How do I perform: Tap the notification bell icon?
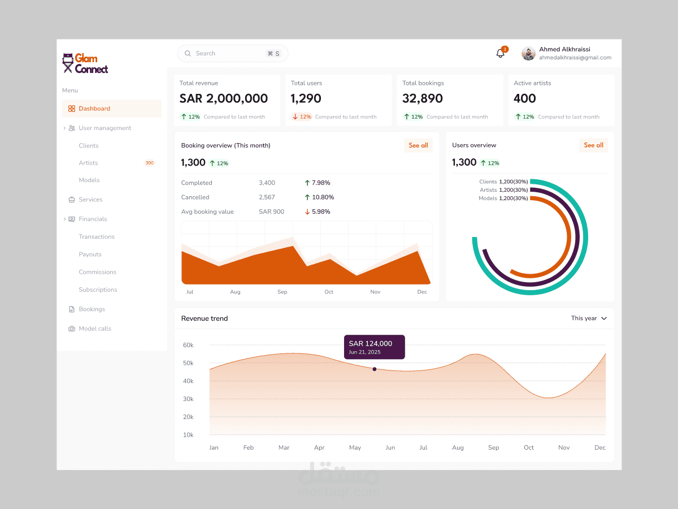click(x=500, y=53)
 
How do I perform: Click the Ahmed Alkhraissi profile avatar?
click(x=528, y=54)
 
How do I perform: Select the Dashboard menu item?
click(x=94, y=109)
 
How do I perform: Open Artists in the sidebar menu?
click(x=88, y=163)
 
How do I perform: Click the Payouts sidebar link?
click(x=90, y=255)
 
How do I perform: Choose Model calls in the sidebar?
click(x=95, y=329)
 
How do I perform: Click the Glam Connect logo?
click(x=85, y=63)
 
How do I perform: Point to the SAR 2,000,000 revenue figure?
click(x=223, y=98)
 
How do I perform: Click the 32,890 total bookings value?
click(x=423, y=98)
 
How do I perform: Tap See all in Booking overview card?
click(x=418, y=145)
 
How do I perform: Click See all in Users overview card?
click(x=593, y=145)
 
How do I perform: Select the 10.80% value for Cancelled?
click(x=323, y=197)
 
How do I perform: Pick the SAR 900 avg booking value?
click(x=271, y=212)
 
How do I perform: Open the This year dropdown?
click(x=589, y=318)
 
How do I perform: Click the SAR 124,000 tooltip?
click(x=374, y=347)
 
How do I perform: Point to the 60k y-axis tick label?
click(x=188, y=345)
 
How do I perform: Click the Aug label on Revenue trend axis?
click(x=458, y=447)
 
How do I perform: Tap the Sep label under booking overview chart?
click(x=282, y=292)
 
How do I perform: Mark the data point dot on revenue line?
click(x=374, y=369)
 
